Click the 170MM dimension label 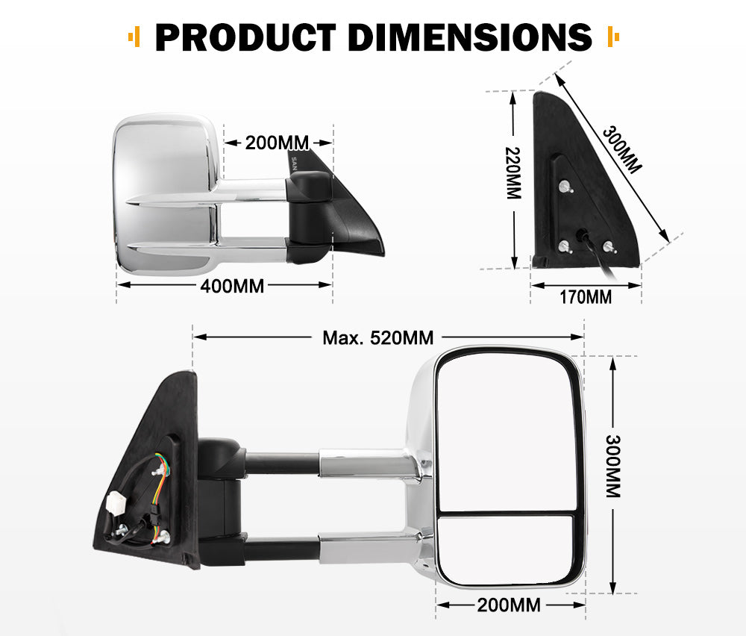pos(586,297)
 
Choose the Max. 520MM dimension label pos(377,337)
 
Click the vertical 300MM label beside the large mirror pos(612,466)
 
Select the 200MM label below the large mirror pos(510,605)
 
